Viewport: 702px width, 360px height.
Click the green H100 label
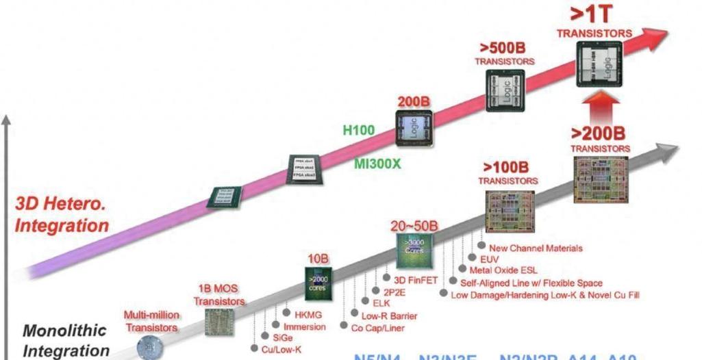pyautogui.click(x=360, y=130)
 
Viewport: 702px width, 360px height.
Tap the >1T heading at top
pyautogui.click(x=593, y=16)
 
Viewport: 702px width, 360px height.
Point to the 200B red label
pyautogui.click(x=414, y=101)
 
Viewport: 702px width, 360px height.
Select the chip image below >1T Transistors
pyautogui.click(x=599, y=64)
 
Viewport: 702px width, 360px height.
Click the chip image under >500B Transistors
pyautogui.click(x=505, y=90)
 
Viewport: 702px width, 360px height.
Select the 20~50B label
pyautogui.click(x=414, y=227)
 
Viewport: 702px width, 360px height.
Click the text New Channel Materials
pyautogui.click(x=535, y=248)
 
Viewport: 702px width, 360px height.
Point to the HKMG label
pyautogui.click(x=308, y=315)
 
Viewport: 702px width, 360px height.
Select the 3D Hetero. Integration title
pyautogui.click(x=62, y=214)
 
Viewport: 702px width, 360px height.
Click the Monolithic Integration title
pyautogui.click(x=65, y=340)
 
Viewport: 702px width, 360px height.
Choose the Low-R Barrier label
pyautogui.click(x=389, y=316)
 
